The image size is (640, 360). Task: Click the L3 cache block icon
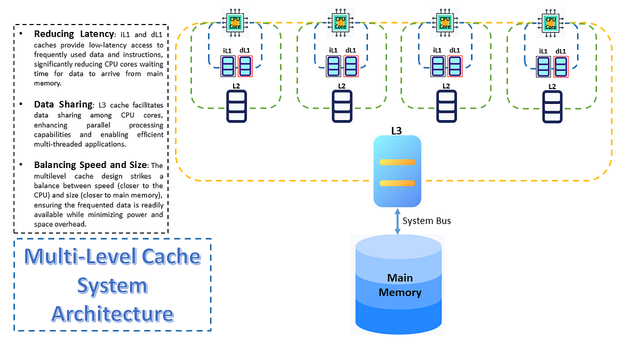(397, 171)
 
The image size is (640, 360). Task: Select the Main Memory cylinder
(398, 285)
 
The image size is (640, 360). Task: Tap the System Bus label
(427, 221)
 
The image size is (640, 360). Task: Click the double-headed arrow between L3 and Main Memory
(397, 220)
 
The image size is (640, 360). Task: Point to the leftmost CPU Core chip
(235, 21)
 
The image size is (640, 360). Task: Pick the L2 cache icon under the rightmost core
(552, 107)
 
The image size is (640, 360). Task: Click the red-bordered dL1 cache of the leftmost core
(245, 67)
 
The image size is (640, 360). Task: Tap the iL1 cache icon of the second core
(333, 67)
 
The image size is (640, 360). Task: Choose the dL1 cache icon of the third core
(454, 67)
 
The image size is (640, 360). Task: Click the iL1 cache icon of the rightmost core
(543, 68)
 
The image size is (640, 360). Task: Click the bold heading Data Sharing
(62, 105)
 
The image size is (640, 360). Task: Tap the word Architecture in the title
(113, 314)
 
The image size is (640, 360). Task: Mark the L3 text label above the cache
(397, 130)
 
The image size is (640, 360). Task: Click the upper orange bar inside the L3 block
(397, 162)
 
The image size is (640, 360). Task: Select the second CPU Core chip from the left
(340, 21)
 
